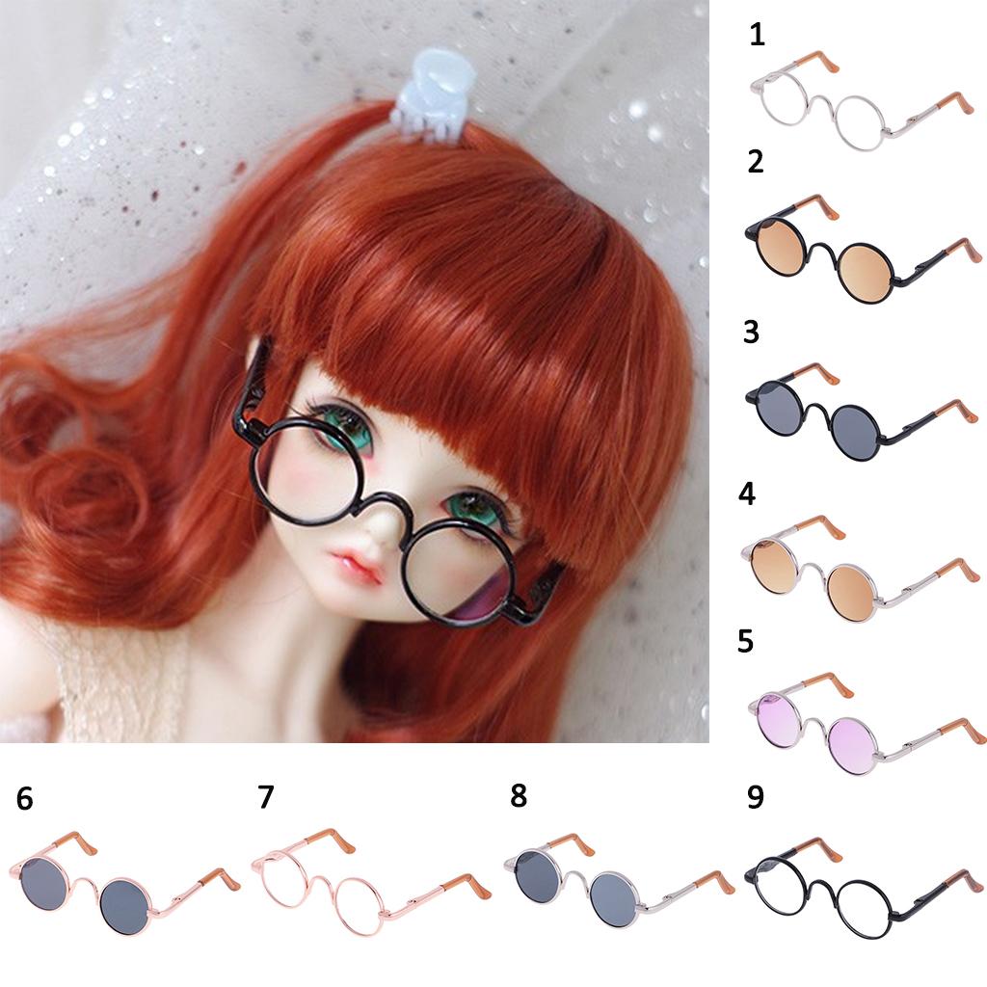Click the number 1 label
tap(758, 35)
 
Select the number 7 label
tap(266, 797)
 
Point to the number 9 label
tap(756, 796)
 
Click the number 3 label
tap(751, 332)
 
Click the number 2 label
tap(756, 162)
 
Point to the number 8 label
tap(518, 795)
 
